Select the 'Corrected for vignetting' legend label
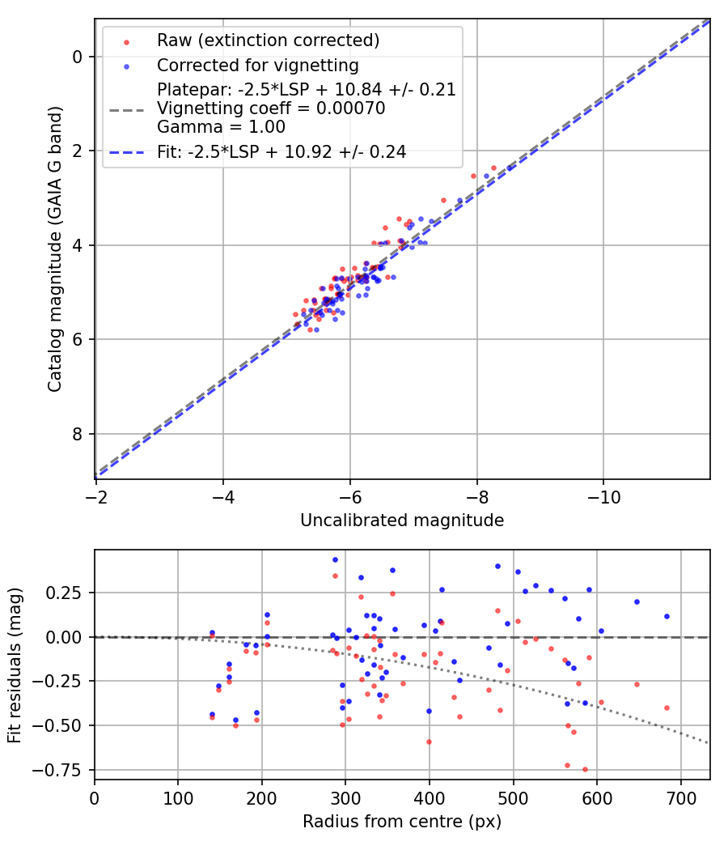257,65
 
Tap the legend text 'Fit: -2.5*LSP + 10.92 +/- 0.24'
281,151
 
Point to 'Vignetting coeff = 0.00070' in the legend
271,108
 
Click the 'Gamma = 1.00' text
221,127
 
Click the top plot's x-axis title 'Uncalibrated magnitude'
402,521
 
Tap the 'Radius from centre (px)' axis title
402,822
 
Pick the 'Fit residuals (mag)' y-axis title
14,664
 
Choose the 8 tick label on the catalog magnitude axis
78,435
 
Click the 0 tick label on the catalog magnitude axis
78,57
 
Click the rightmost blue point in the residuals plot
667,616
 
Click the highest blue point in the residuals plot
335,559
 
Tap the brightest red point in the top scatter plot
493,168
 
